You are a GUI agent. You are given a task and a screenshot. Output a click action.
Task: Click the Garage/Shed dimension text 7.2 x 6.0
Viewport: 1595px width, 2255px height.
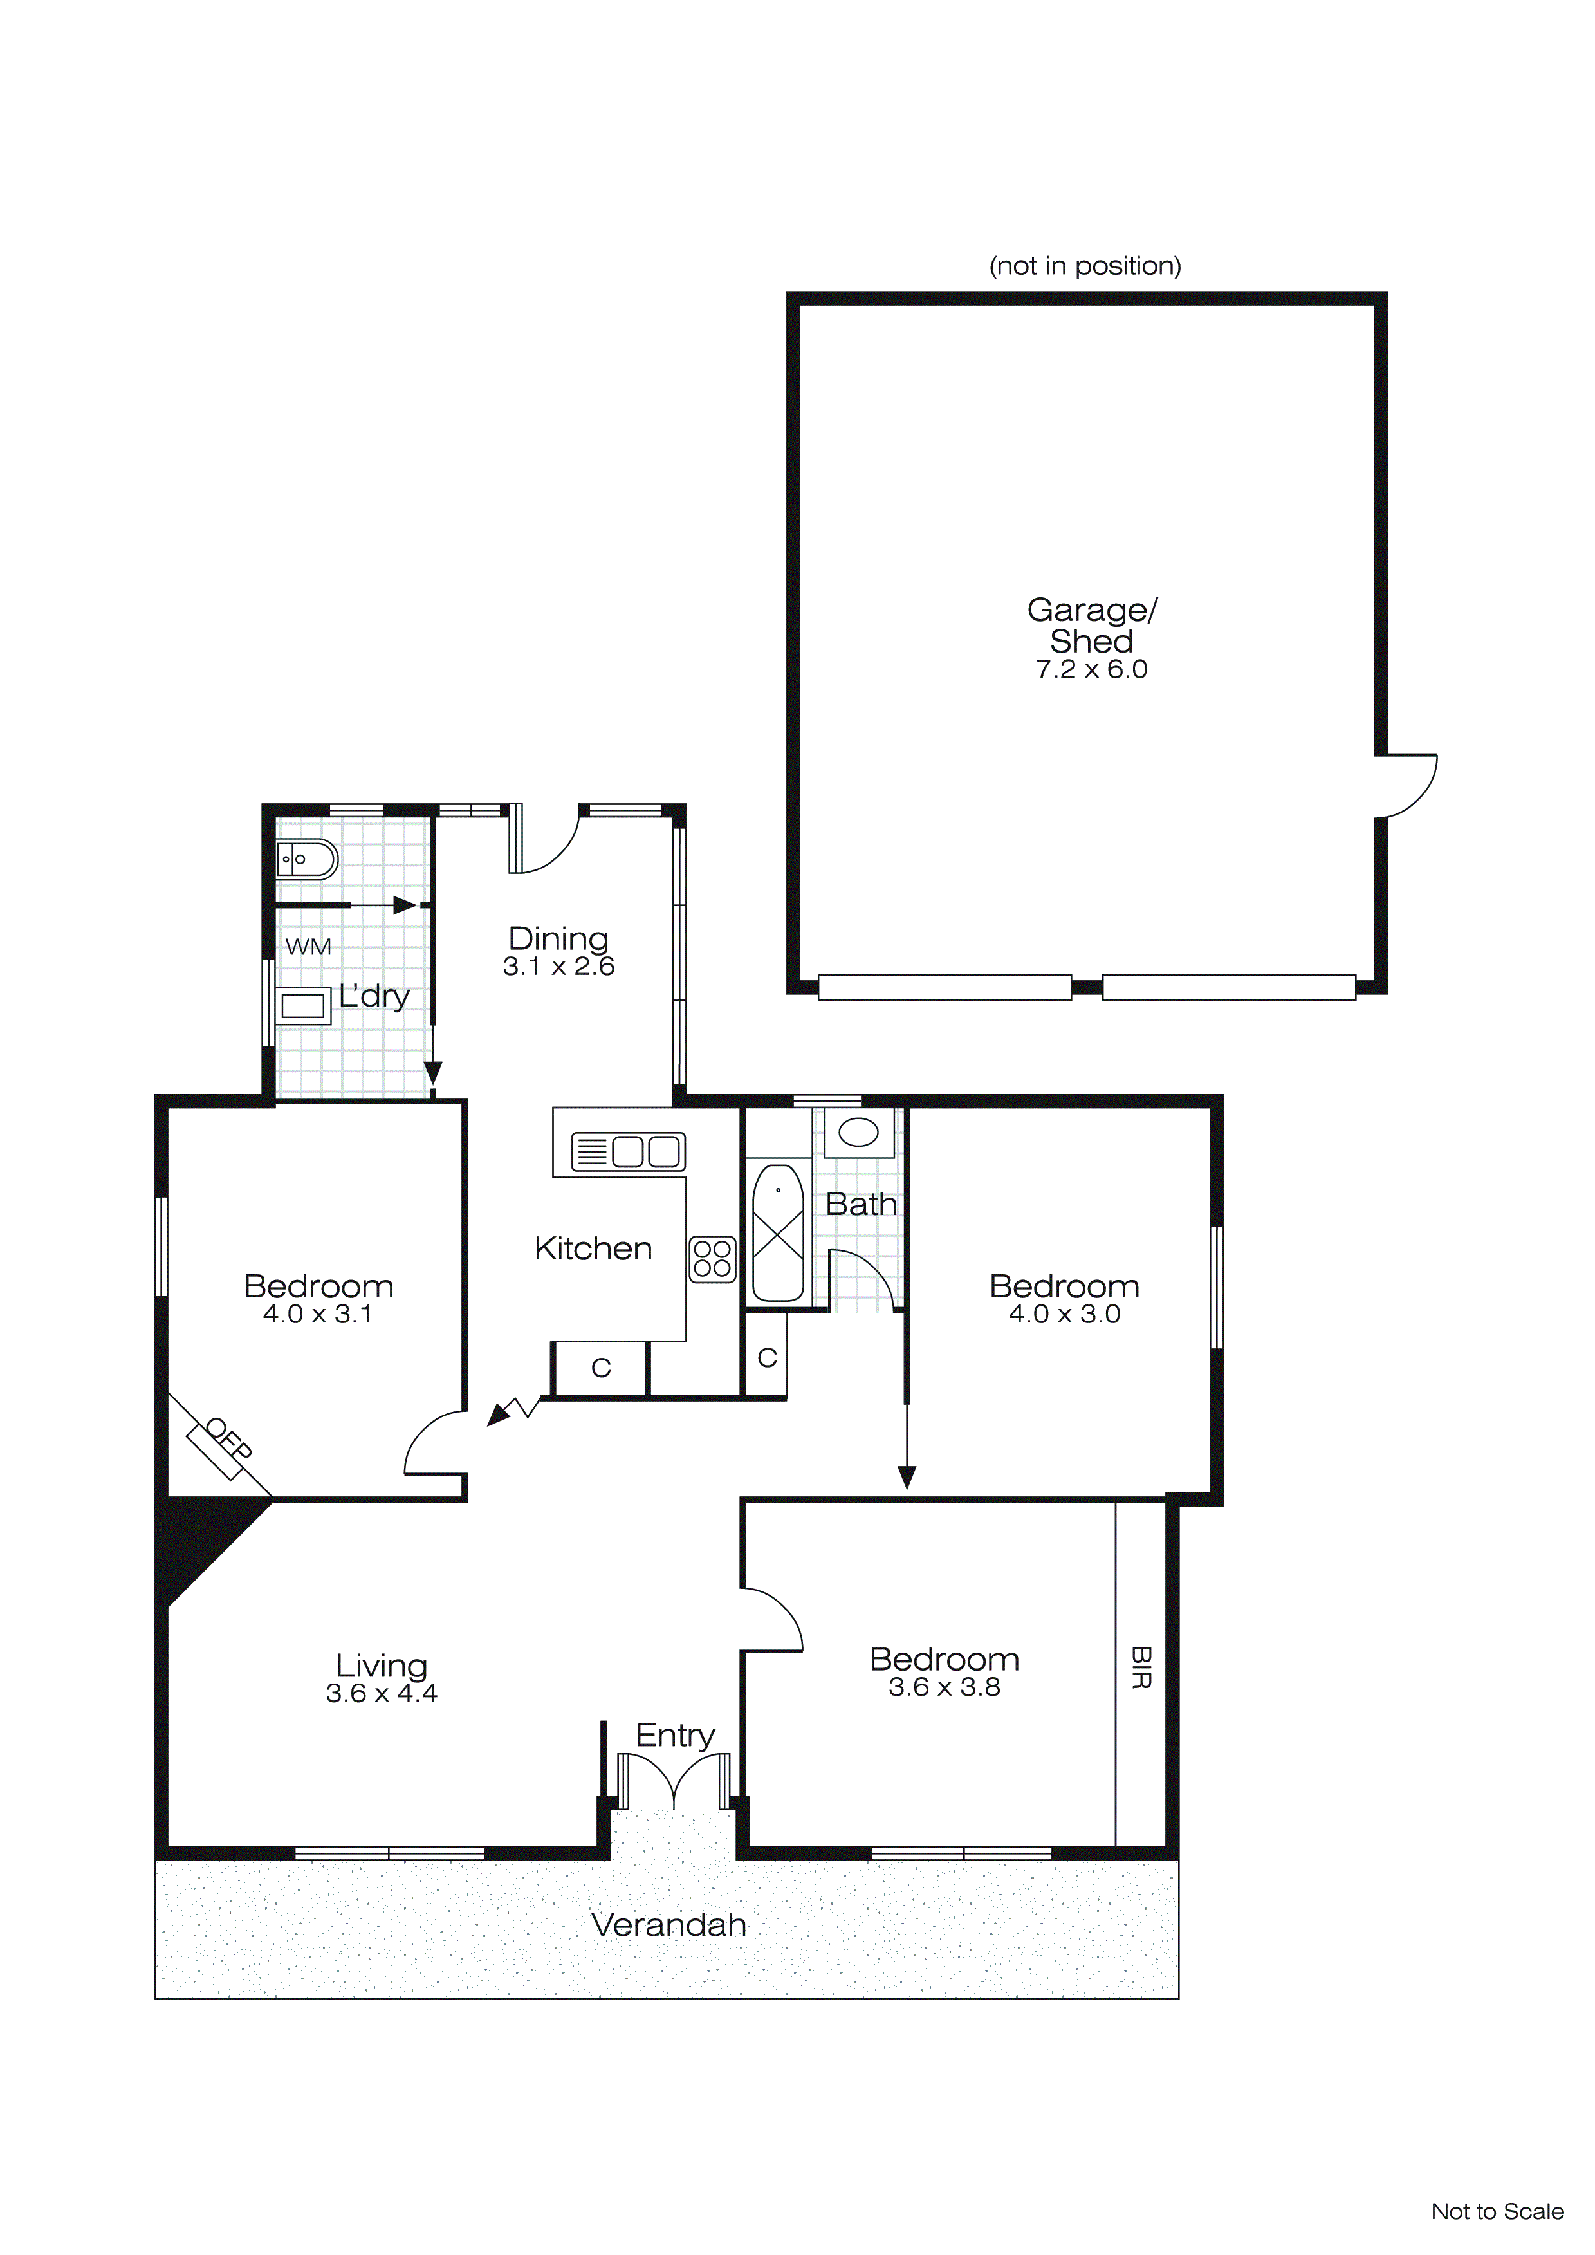(1091, 670)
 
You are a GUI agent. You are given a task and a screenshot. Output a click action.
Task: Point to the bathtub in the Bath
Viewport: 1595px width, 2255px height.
(777, 1234)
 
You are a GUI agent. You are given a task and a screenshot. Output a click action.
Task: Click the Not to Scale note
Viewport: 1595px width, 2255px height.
(1497, 2212)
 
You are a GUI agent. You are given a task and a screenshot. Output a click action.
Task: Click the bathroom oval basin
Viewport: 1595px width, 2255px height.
(858, 1133)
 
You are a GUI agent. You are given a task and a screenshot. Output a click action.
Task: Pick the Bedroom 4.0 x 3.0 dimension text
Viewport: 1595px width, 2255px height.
(1065, 1314)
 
